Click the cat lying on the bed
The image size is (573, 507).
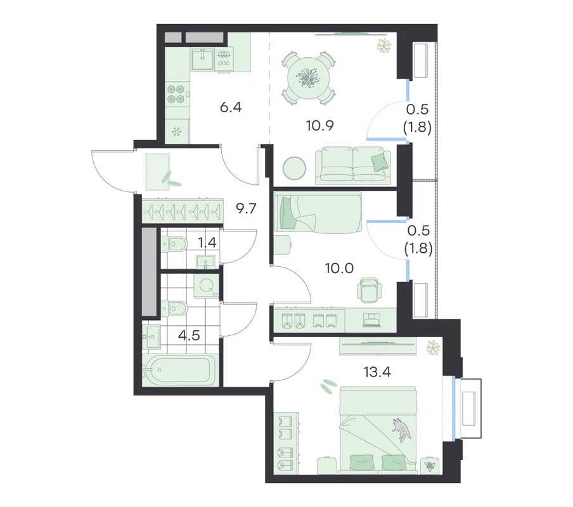point(402,430)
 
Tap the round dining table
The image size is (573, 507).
point(309,78)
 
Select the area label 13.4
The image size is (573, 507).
point(377,372)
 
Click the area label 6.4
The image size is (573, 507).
point(231,107)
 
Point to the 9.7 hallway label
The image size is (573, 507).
point(246,209)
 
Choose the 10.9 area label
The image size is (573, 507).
point(319,125)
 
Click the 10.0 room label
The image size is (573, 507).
point(339,269)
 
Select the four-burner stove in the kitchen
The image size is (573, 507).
point(176,94)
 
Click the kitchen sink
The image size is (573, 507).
point(202,59)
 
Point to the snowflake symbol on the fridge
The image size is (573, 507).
point(177,131)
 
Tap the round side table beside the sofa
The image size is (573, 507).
point(294,169)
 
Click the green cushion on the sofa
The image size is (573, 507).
point(380,162)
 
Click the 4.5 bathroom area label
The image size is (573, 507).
point(189,335)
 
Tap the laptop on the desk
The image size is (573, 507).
point(372,320)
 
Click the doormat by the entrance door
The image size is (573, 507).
point(157,172)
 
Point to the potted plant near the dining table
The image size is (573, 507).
point(384,45)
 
